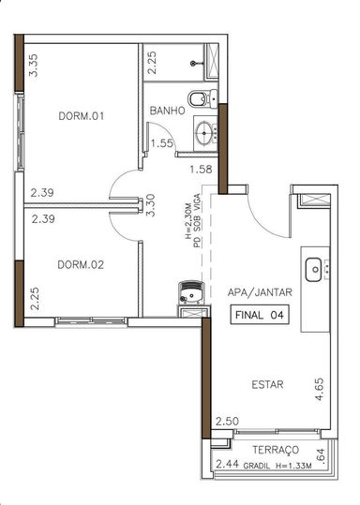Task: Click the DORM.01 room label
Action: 82,116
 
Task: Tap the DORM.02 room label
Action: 81,265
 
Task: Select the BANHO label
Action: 168,111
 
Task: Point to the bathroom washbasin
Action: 205,133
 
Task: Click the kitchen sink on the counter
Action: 313,270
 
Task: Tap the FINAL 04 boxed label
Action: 260,315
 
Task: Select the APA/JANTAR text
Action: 260,292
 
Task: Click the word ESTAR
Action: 267,384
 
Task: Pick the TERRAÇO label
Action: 276,450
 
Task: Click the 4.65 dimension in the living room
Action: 320,389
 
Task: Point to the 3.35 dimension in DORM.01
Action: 33,66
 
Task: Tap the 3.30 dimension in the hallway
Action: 150,205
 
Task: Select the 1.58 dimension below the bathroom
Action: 201,170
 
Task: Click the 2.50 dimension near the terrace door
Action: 227,422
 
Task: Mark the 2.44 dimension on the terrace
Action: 227,464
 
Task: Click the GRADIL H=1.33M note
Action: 277,466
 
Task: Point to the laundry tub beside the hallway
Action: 191,292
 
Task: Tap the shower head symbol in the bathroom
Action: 193,64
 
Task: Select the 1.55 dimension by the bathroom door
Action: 162,143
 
